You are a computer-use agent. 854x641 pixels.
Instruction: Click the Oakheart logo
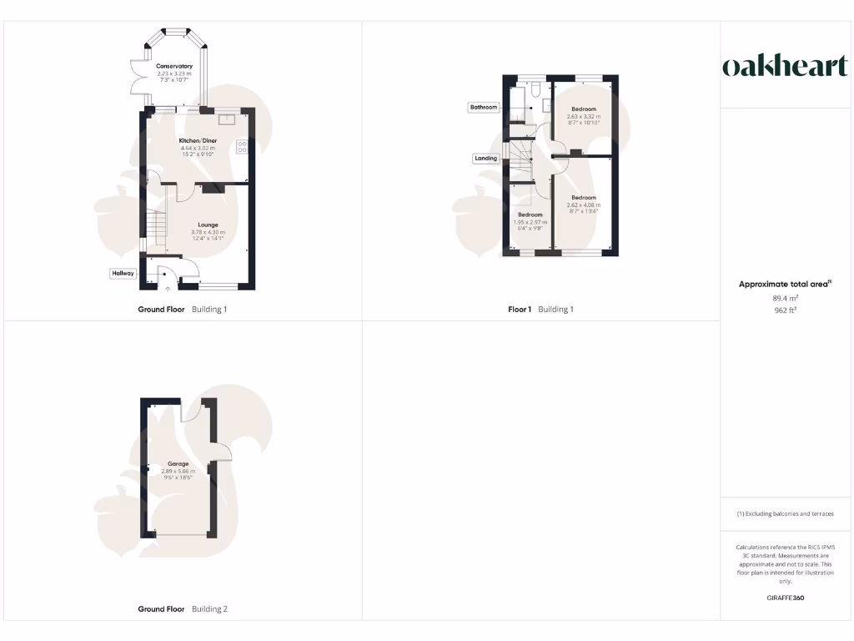tap(784, 67)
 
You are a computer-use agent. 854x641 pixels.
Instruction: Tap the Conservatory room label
tap(174, 66)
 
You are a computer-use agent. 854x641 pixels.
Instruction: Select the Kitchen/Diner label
tap(198, 140)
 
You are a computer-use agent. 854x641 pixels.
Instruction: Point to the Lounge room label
tap(208, 224)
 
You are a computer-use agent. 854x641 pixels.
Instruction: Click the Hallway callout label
tap(123, 273)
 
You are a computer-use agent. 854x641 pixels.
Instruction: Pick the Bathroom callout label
tap(483, 107)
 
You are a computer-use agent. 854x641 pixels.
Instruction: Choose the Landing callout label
tap(485, 158)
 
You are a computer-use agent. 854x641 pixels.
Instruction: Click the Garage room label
tap(178, 463)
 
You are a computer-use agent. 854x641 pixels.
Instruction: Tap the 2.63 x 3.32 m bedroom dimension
tap(584, 116)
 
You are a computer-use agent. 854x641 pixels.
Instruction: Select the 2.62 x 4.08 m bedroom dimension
tap(584, 205)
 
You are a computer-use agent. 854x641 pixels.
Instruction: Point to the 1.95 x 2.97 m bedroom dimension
tap(530, 222)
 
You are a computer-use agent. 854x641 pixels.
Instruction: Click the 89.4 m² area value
tap(785, 298)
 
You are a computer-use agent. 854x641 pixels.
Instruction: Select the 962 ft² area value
tap(785, 310)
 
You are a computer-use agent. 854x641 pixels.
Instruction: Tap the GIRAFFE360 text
tap(785, 598)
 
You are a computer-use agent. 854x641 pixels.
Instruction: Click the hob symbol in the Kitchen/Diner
tap(242, 146)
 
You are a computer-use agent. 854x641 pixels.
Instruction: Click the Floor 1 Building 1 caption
tap(540, 310)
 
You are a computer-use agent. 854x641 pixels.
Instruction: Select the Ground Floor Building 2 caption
tap(182, 609)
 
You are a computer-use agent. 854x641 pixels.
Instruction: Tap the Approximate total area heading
tap(785, 285)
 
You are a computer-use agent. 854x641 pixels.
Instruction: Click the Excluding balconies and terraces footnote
tap(785, 514)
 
